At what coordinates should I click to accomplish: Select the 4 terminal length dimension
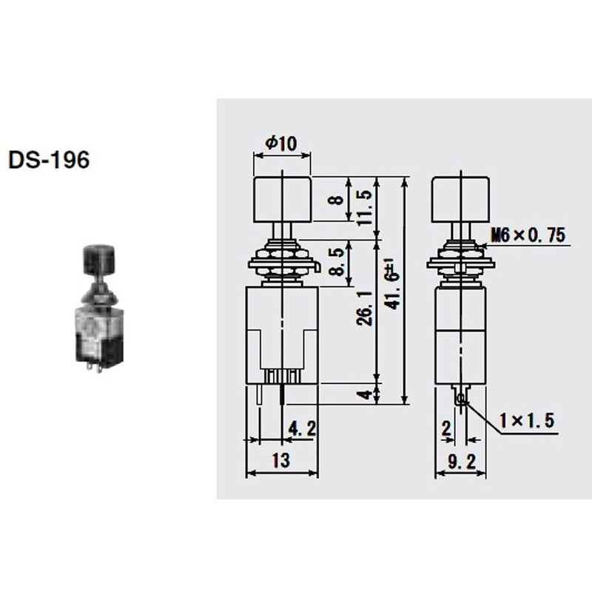click(x=363, y=394)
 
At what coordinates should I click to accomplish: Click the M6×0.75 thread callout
click(x=527, y=236)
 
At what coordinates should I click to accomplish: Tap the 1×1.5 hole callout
click(x=525, y=422)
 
